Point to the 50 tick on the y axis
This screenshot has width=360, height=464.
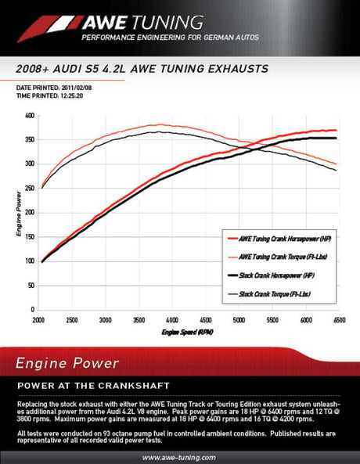coord(30,286)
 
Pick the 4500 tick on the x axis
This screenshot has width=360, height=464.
coord(206,321)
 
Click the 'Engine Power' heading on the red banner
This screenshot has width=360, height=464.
coord(67,363)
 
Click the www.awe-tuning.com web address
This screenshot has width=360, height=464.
coord(180,457)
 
